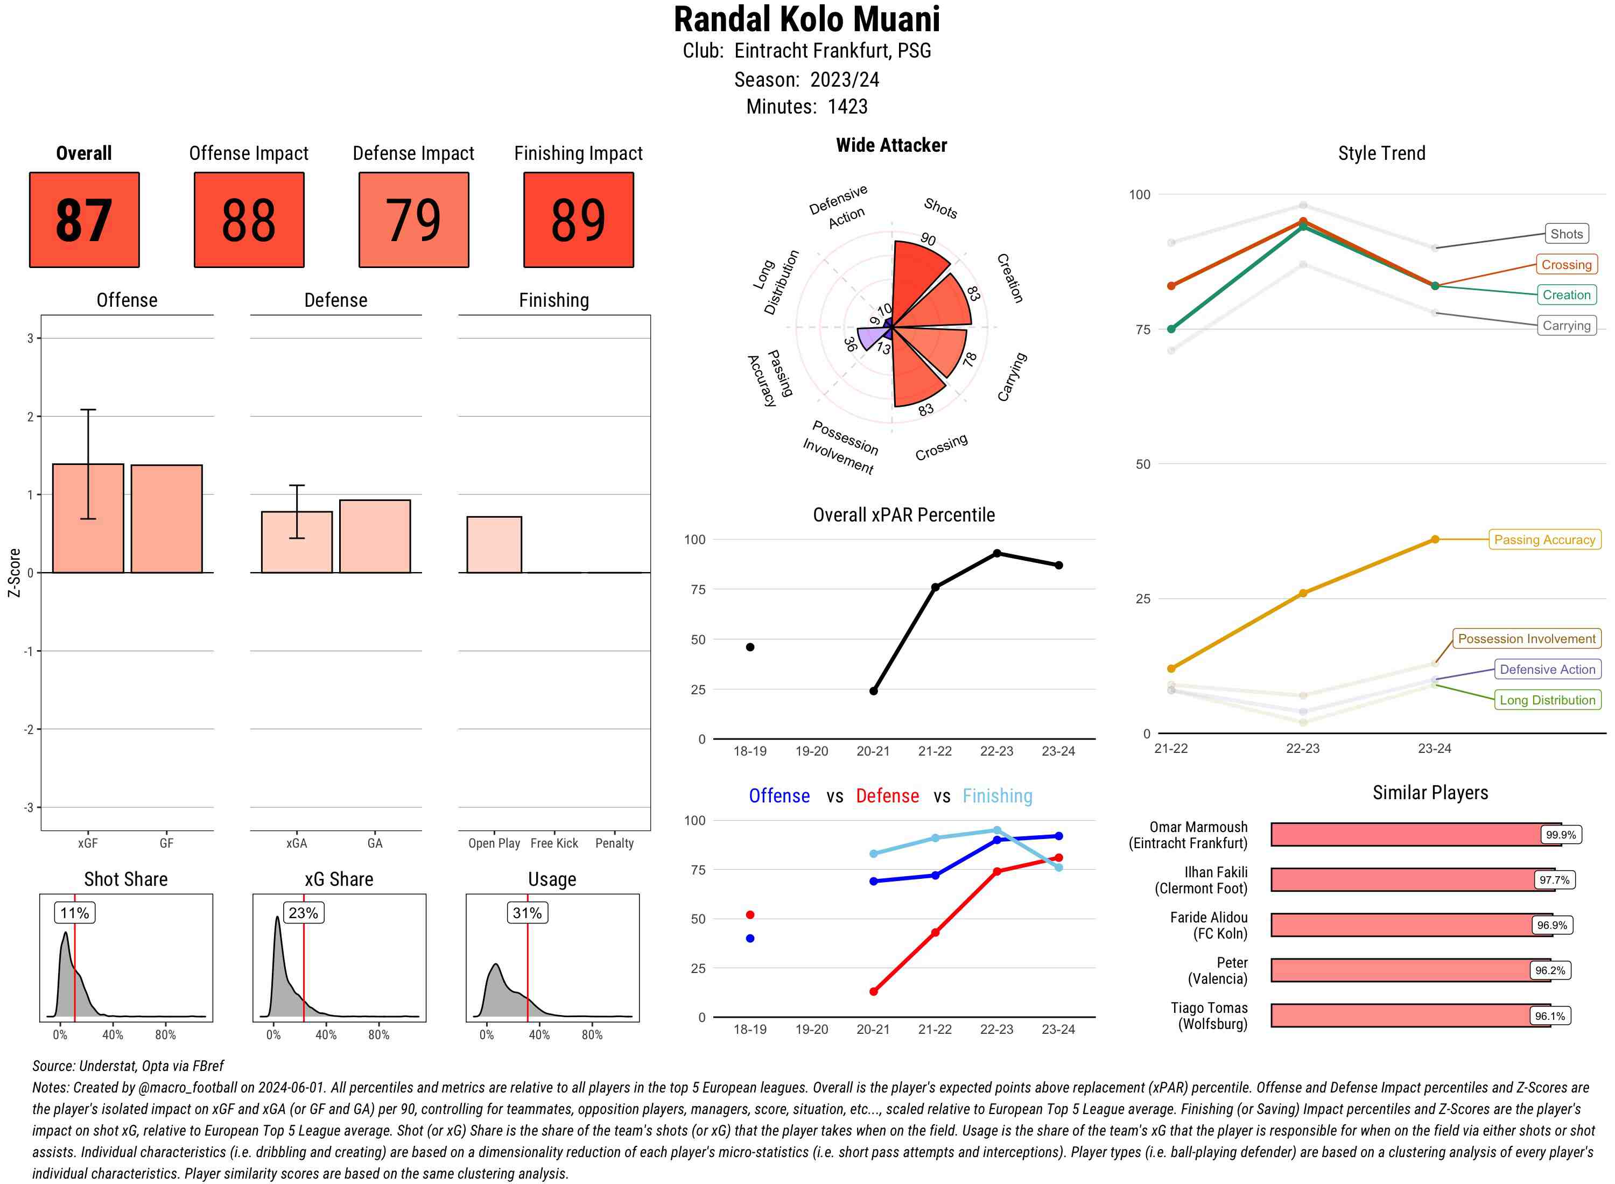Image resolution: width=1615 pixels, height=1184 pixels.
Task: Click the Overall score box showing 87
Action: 84,220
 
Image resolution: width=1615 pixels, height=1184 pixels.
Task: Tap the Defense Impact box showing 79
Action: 413,220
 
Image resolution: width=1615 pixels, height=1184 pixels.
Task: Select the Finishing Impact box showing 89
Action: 579,220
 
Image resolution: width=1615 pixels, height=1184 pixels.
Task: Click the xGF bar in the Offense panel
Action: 88,518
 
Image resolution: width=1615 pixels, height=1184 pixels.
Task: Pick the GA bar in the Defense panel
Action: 375,536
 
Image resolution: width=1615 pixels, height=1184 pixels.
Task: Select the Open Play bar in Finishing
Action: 494,545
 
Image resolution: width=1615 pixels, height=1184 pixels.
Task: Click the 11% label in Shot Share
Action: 74,913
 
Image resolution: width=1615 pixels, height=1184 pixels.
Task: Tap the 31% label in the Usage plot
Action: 527,913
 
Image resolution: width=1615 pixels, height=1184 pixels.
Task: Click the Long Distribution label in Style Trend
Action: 1547,700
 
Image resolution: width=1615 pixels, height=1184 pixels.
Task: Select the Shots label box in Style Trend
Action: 1566,234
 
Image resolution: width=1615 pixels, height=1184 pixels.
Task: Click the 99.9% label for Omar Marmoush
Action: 1561,835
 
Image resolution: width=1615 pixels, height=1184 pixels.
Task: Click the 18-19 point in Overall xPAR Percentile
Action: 750,647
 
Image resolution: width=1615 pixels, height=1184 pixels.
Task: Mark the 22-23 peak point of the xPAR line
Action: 997,553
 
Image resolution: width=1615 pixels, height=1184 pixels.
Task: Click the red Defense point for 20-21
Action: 873,992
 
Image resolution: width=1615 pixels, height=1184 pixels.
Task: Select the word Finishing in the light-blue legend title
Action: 997,797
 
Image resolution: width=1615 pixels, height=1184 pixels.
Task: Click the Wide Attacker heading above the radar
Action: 891,145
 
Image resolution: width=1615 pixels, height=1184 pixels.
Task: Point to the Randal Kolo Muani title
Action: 806,19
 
